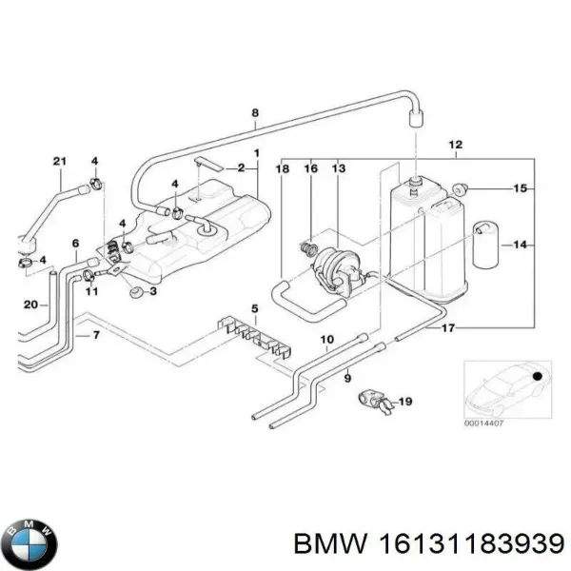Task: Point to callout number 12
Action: [x=456, y=145]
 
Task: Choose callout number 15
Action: [x=520, y=189]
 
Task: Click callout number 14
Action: [x=520, y=245]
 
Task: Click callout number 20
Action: [x=31, y=305]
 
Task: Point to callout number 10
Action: [x=325, y=340]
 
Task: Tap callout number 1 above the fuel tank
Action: [x=255, y=154]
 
